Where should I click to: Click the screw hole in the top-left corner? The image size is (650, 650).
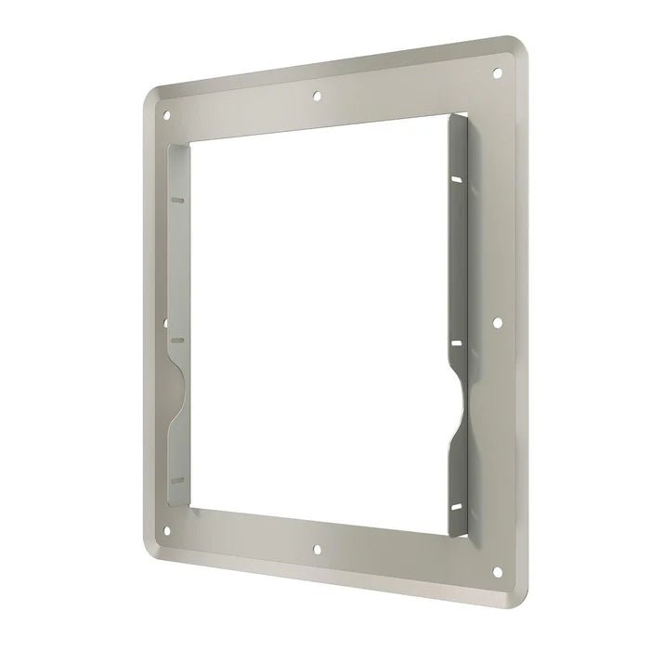pos(167,116)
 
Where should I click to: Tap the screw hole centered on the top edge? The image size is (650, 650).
pos(318,94)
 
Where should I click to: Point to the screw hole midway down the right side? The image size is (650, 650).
pos(498,324)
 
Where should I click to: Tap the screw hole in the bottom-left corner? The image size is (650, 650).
pos(167,532)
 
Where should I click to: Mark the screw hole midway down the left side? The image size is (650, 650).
pos(165,325)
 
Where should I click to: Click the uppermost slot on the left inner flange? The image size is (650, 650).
pos(179,200)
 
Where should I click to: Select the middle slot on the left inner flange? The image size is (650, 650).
pos(179,341)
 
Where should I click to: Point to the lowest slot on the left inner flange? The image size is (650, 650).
pos(179,479)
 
